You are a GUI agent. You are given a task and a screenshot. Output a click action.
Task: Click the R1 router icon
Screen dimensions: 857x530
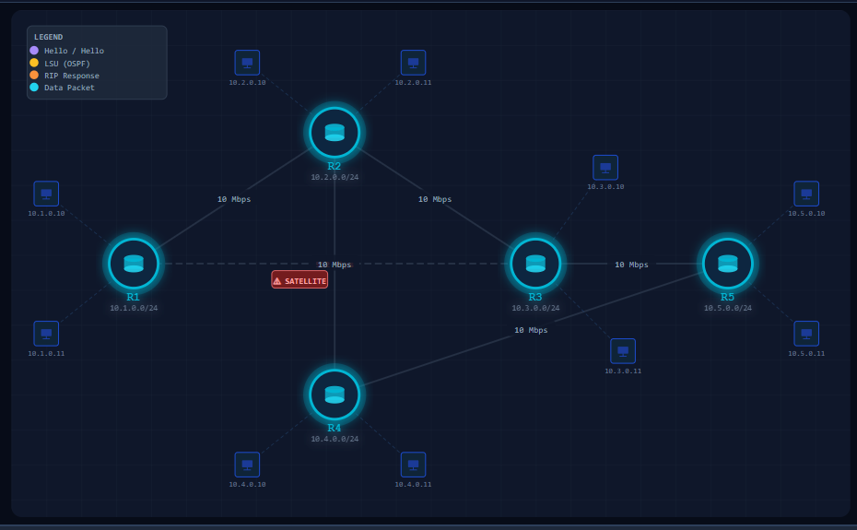pyautogui.click(x=134, y=264)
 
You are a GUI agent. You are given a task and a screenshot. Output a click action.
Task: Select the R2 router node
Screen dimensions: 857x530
pyautogui.click(x=335, y=133)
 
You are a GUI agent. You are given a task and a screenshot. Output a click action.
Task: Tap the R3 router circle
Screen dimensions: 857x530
pyautogui.click(x=535, y=264)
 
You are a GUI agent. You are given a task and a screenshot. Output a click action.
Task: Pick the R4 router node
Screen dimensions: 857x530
pyautogui.click(x=335, y=395)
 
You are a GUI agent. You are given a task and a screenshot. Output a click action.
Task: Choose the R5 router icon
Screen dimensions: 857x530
pyautogui.click(x=727, y=264)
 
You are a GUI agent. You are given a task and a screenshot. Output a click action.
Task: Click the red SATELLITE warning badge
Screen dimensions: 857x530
pyautogui.click(x=299, y=279)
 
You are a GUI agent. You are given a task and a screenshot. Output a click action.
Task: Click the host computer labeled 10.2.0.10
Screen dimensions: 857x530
pyautogui.click(x=247, y=63)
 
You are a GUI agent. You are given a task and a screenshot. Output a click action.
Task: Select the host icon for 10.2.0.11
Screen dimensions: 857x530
pyautogui.click(x=413, y=63)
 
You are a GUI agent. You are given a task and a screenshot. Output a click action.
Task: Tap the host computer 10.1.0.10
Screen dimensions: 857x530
pyautogui.click(x=46, y=194)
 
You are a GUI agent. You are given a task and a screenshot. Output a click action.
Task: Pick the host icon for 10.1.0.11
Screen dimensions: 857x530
pyautogui.click(x=46, y=334)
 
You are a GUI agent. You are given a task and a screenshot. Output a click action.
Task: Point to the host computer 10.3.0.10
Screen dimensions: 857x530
pyautogui.click(x=605, y=168)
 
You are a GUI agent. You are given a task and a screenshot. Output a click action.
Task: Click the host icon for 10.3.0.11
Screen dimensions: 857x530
pyautogui.click(x=623, y=351)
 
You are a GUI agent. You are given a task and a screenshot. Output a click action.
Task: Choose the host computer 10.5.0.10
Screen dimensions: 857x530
pyautogui.click(x=806, y=194)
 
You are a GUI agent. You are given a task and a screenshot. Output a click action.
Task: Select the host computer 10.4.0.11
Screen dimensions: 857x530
pyautogui.click(x=413, y=465)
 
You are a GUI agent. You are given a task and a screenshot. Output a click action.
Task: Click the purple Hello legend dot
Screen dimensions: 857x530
pyautogui.click(x=34, y=51)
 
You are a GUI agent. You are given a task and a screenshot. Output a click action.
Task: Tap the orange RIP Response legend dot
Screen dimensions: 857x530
pyautogui.click(x=34, y=75)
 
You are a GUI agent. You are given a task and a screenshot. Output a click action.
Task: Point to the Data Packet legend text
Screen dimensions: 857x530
pyautogui.click(x=69, y=88)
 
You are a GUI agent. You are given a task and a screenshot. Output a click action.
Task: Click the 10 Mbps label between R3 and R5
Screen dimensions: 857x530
pyautogui.click(x=631, y=265)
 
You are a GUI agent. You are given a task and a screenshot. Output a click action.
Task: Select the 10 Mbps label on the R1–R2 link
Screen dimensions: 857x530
pyautogui.click(x=234, y=199)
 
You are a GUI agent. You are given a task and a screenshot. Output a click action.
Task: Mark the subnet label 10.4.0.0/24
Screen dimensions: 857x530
pyautogui.click(x=335, y=439)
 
